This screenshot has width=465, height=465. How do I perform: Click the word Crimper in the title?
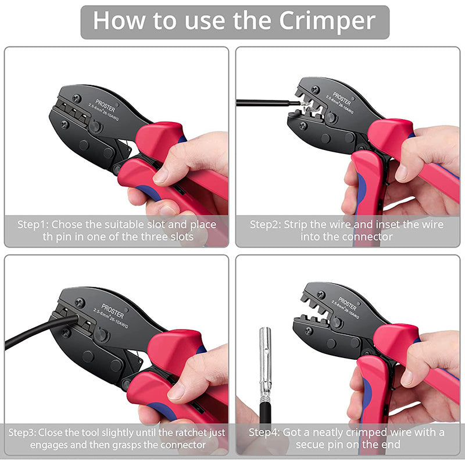coord(327,21)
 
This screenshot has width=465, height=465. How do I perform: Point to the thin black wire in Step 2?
coord(262,103)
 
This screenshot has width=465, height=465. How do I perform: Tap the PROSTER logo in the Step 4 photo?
coord(348,303)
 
